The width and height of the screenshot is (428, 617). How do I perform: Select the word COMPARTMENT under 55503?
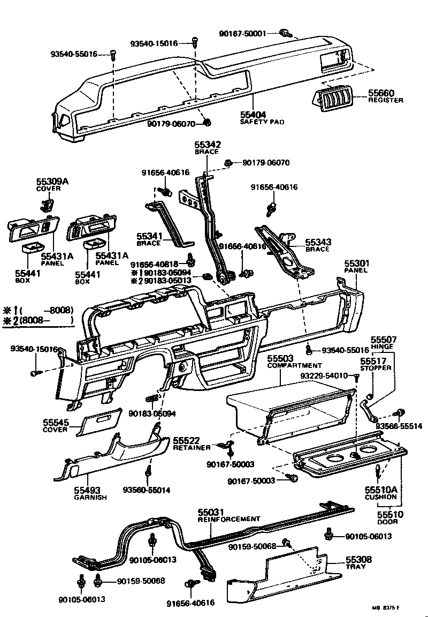point(294,365)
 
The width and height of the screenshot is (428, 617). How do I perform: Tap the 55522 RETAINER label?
point(188,442)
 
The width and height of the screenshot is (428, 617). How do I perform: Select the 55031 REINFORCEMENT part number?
point(211,512)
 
